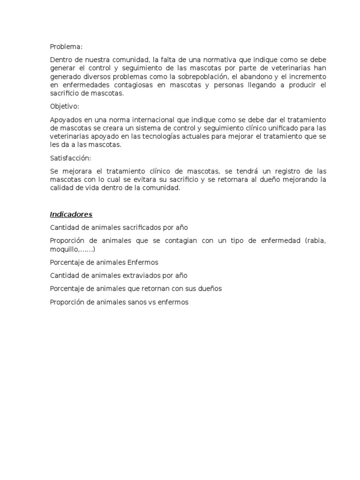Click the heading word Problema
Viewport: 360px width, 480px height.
point(66,46)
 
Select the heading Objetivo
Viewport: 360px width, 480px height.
point(65,106)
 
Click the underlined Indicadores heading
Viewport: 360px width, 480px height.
point(71,214)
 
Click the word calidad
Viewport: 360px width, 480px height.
point(61,188)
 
